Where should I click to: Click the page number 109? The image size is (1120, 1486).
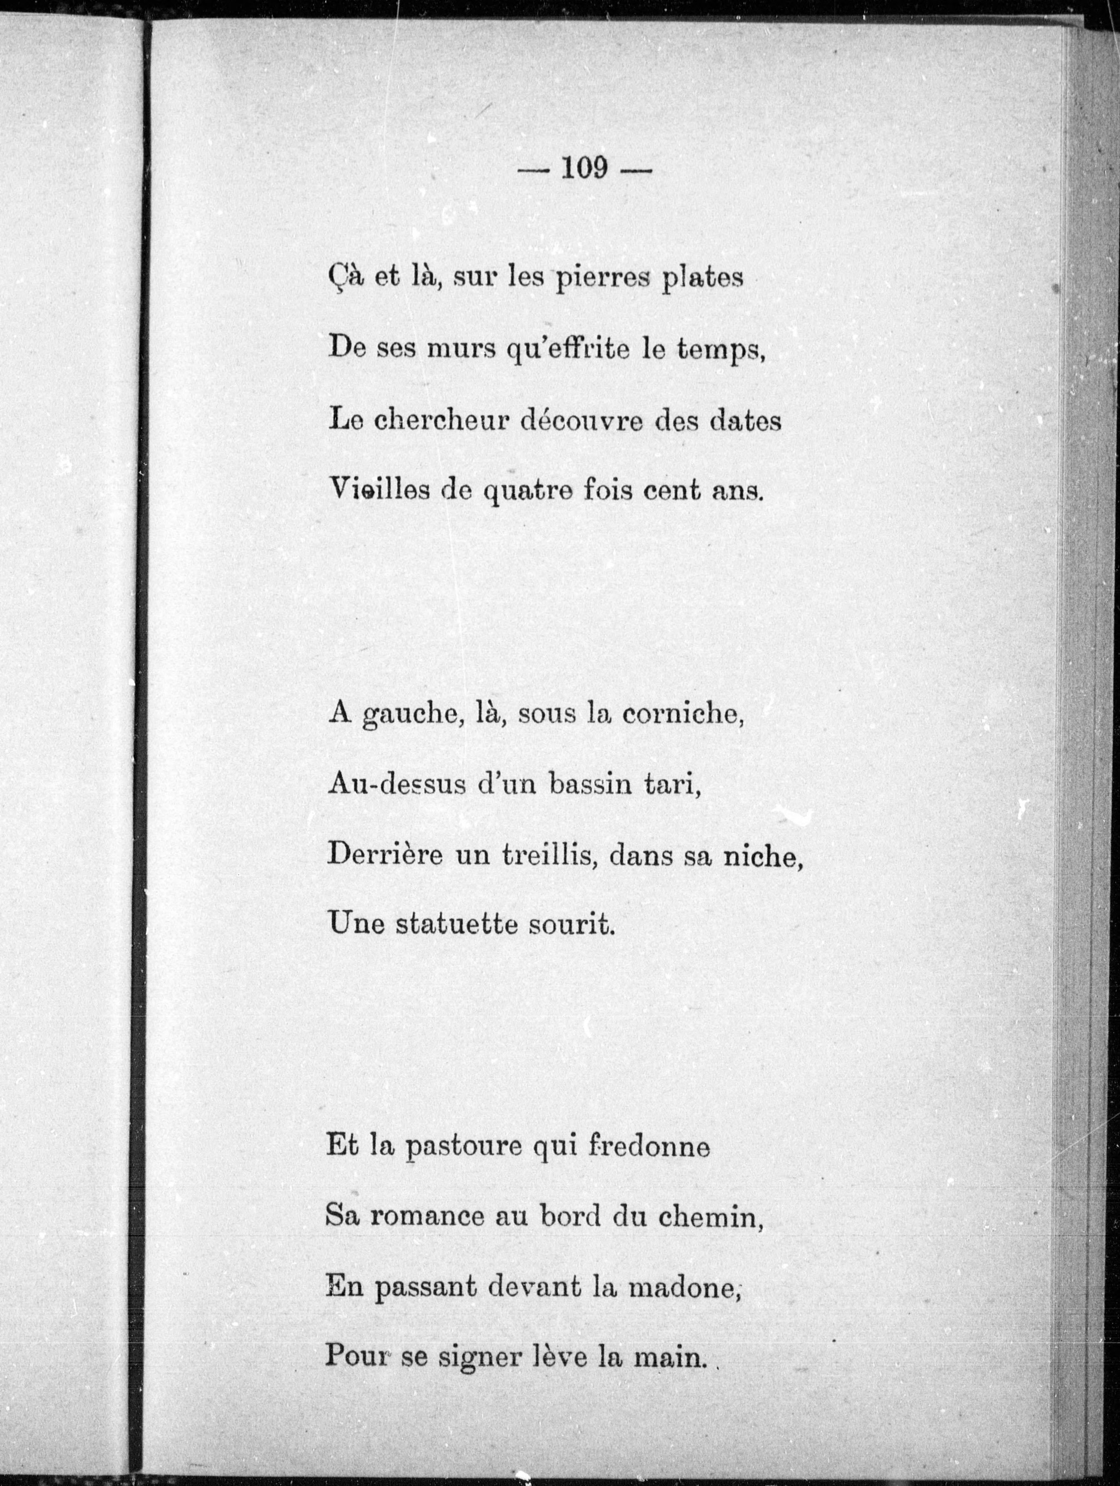pos(584,168)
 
